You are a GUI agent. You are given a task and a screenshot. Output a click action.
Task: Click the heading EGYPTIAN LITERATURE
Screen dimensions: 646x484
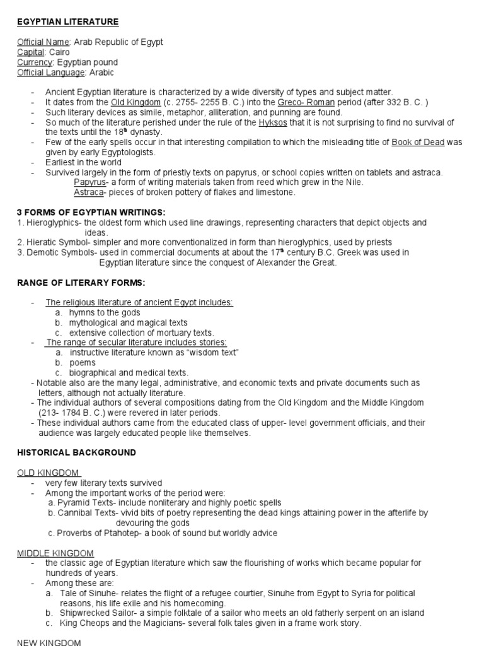pyautogui.click(x=67, y=22)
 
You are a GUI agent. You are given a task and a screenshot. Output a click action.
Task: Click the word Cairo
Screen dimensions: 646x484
pyautogui.click(x=59, y=52)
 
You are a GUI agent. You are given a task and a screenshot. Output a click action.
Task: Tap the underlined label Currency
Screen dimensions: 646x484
pyautogui.click(x=35, y=62)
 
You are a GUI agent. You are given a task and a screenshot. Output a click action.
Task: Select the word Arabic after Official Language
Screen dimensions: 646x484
pyautogui.click(x=101, y=73)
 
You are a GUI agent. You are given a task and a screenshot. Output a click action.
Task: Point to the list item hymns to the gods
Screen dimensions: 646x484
pyautogui.click(x=105, y=312)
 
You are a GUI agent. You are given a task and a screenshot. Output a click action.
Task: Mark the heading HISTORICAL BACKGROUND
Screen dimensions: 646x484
pyautogui.click(x=76, y=452)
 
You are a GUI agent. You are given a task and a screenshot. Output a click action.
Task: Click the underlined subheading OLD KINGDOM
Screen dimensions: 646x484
pyautogui.click(x=48, y=473)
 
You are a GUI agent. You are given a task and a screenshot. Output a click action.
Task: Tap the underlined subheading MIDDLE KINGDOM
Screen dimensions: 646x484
pyautogui.click(x=55, y=553)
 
